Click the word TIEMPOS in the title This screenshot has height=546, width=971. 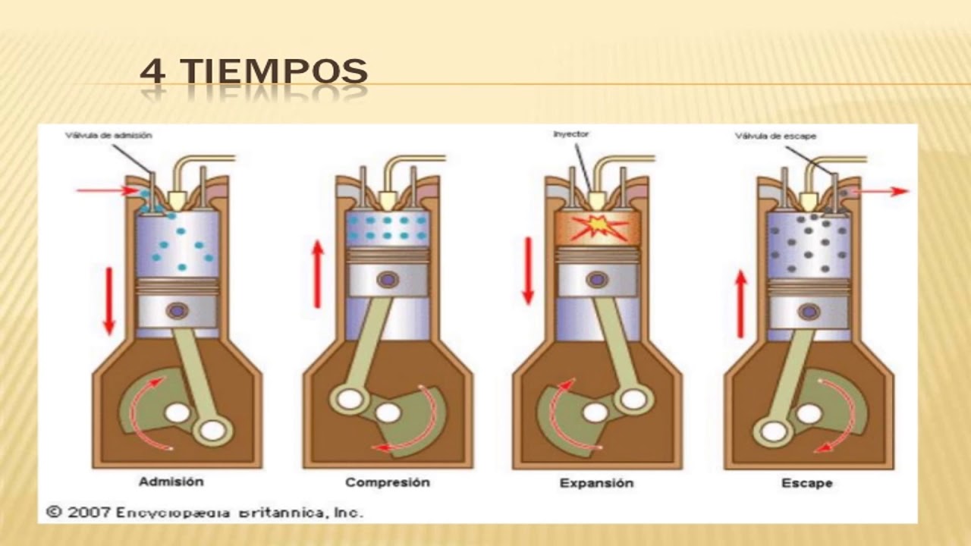pyautogui.click(x=277, y=72)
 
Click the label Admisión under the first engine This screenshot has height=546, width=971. pyautogui.click(x=171, y=482)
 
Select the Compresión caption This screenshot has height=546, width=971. pyautogui.click(x=387, y=482)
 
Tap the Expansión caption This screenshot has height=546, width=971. pyautogui.click(x=596, y=483)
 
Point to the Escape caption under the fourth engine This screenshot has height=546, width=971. pyautogui.click(x=806, y=483)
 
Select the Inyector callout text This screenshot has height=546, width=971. pyautogui.click(x=571, y=134)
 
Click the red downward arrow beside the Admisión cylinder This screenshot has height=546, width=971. pyautogui.click(x=108, y=300)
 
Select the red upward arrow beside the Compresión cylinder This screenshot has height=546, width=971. pyautogui.click(x=318, y=274)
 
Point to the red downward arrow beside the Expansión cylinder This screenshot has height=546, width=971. pyautogui.click(x=528, y=271)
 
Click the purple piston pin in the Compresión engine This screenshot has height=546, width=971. pyautogui.click(x=388, y=279)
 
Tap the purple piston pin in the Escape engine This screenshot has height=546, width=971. pyautogui.click(x=809, y=311)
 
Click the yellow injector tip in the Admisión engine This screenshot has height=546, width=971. pyautogui.click(x=178, y=199)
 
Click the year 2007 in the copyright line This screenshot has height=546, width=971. pyautogui.click(x=89, y=512)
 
